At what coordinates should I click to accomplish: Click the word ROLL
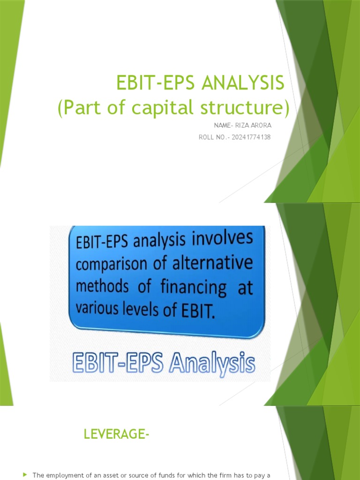click(x=207, y=137)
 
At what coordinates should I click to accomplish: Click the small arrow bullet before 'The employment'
click(x=25, y=475)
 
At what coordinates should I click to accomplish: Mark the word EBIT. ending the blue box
click(x=199, y=310)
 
